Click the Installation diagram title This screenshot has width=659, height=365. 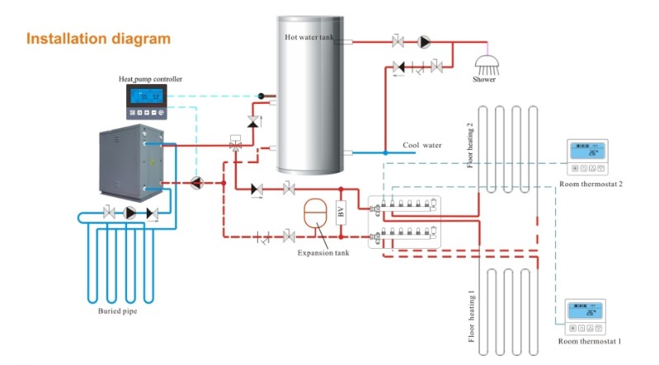[x=98, y=39]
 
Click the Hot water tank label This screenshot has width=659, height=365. [x=311, y=37]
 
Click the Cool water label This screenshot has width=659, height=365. [x=421, y=145]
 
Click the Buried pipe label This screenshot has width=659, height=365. [x=118, y=312]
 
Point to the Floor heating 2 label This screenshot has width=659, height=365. [x=470, y=145]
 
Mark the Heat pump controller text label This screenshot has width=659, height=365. [x=150, y=79]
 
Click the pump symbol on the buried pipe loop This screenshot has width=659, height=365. [x=129, y=213]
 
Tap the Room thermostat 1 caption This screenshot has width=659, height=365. [x=589, y=340]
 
